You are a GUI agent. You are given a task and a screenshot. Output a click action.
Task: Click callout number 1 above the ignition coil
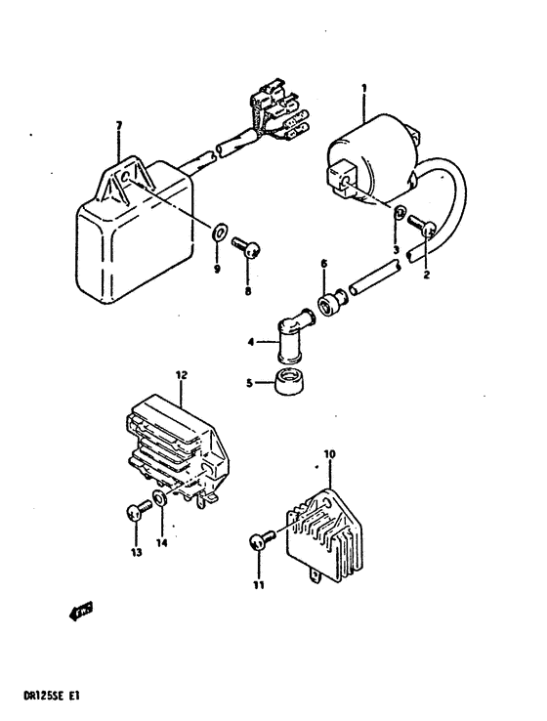pos(363,89)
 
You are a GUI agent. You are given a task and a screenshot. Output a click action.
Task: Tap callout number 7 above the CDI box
pos(118,125)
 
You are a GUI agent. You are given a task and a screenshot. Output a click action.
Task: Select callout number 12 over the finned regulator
pos(181,374)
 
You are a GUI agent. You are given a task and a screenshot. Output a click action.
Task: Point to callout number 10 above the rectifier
pos(329,454)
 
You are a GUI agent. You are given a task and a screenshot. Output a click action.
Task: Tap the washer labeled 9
pos(221,232)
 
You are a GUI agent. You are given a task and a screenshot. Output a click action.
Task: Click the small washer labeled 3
pos(401,212)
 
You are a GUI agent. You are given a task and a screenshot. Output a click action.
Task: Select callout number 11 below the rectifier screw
pos(260,585)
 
